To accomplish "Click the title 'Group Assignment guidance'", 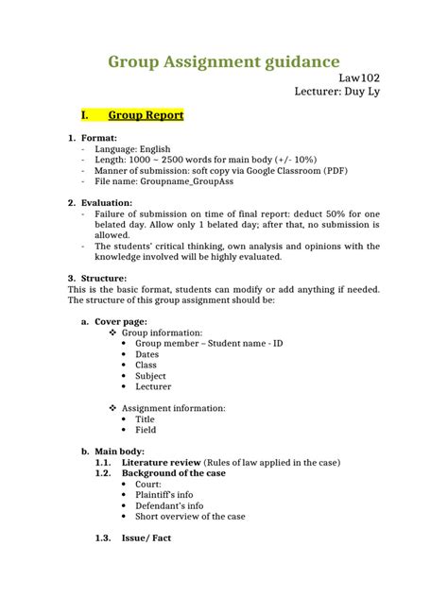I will coord(223,62).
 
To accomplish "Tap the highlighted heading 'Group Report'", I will coord(146,115).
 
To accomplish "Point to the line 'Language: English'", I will coord(139,149).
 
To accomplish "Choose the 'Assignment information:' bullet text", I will coord(181,408).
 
